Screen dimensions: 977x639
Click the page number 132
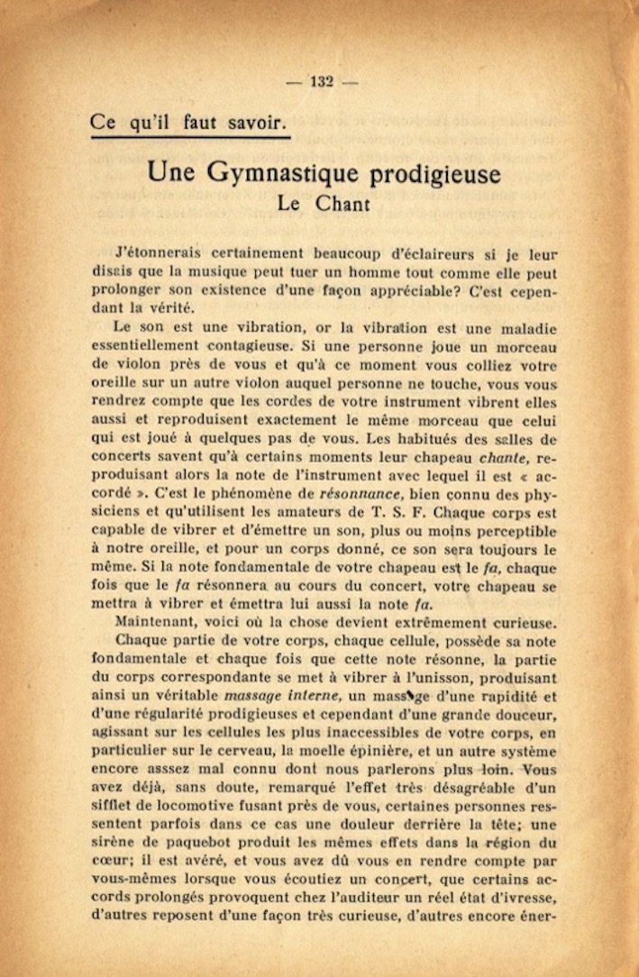[x=322, y=81]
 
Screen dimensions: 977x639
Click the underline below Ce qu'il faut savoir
[x=190, y=138]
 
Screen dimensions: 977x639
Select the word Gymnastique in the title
[x=281, y=173]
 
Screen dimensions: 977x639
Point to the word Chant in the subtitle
[x=342, y=203]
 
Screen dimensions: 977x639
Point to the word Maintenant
[x=157, y=621]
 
